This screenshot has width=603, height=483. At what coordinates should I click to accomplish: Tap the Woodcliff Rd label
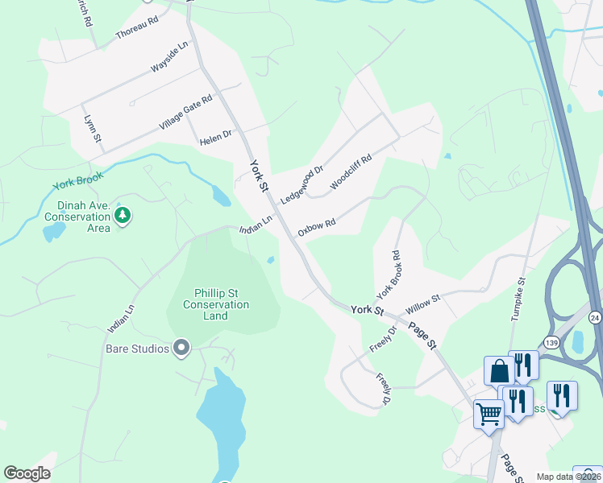point(351,171)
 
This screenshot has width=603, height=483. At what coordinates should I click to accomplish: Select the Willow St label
point(423,303)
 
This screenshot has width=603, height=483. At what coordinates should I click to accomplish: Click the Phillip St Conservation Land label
point(216,304)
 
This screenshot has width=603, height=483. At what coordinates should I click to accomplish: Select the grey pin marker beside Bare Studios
point(181,349)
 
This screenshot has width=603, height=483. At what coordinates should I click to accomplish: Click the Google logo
point(27,473)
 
